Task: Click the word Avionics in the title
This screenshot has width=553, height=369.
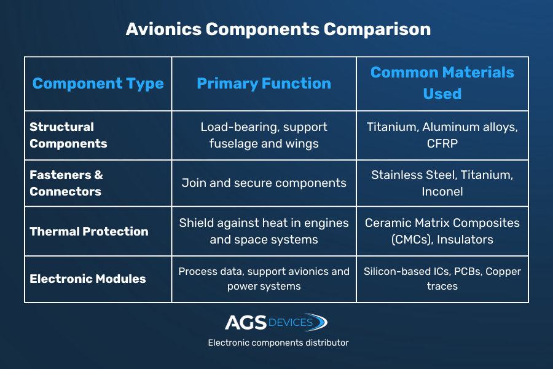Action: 161,30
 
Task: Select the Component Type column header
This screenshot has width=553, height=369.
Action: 98,84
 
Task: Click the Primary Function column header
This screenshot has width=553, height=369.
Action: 264,84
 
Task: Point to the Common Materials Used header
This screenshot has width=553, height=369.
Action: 442,83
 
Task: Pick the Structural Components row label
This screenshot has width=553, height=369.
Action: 68,135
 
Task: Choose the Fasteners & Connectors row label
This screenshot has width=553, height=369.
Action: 66,183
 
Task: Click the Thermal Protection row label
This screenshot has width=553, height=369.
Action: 89,231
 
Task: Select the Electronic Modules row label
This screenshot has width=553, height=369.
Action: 88,279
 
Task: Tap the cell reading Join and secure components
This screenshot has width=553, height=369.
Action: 264,183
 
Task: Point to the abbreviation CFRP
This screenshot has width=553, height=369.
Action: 442,143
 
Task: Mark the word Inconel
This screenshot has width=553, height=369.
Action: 442,191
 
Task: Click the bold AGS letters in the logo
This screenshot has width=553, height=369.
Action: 246,322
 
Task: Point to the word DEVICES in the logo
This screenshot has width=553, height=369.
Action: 291,322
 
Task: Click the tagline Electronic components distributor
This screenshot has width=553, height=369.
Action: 278,343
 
